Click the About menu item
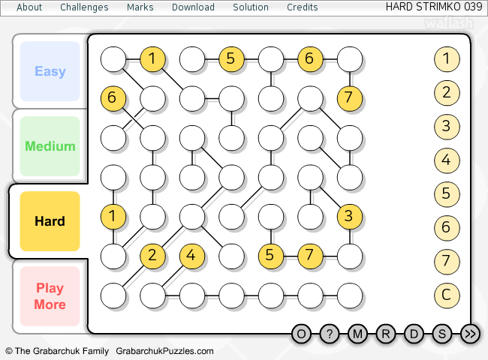point(29,7)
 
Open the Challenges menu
point(84,7)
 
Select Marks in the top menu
point(140,7)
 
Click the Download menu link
point(193,7)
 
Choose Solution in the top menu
point(251,7)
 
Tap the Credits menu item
point(303,7)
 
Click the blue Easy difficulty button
point(50,71)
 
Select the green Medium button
point(50,146)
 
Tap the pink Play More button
point(50,296)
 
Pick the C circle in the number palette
point(447,295)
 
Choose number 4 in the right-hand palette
point(447,160)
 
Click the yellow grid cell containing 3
point(348,216)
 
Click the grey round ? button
point(329,334)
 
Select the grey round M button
point(357,334)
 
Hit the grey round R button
point(386,334)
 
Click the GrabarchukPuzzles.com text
point(164,351)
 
